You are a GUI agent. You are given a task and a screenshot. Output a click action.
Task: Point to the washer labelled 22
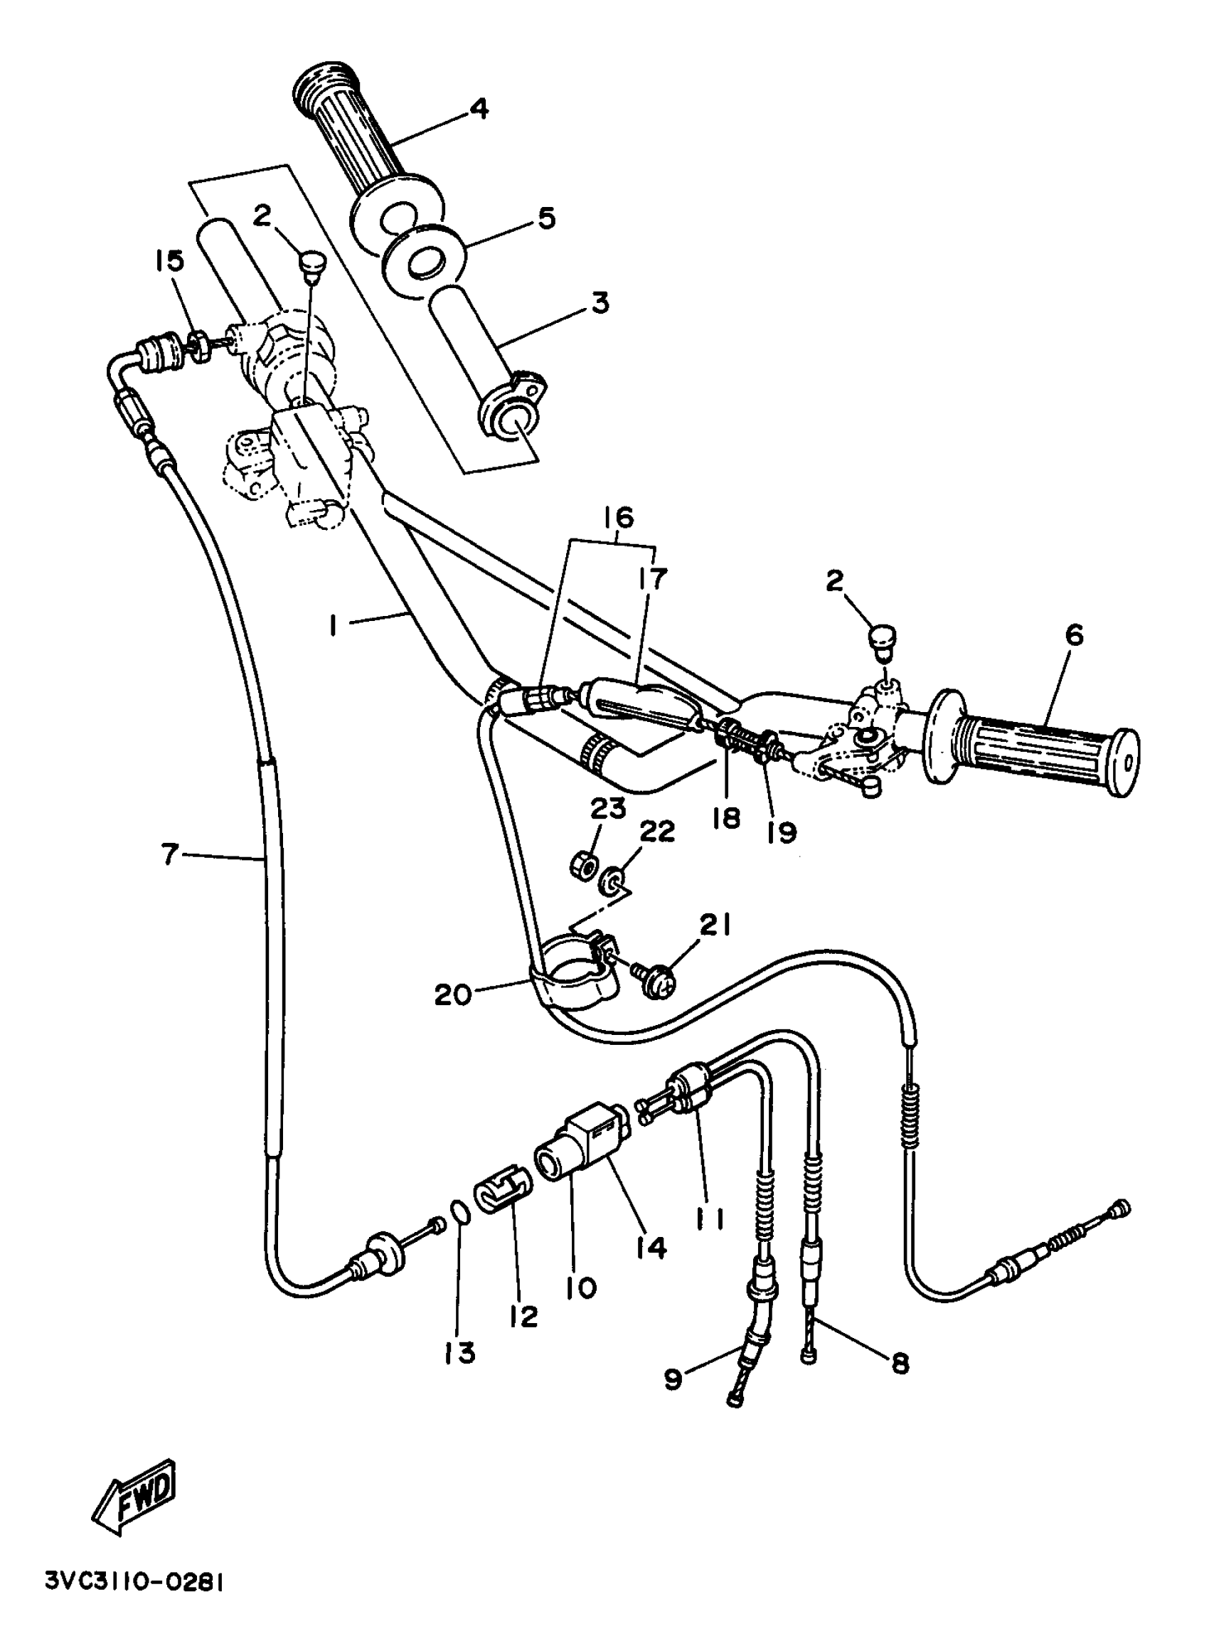[x=609, y=881]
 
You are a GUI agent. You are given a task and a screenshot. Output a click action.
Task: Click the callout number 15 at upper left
[x=170, y=261]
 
